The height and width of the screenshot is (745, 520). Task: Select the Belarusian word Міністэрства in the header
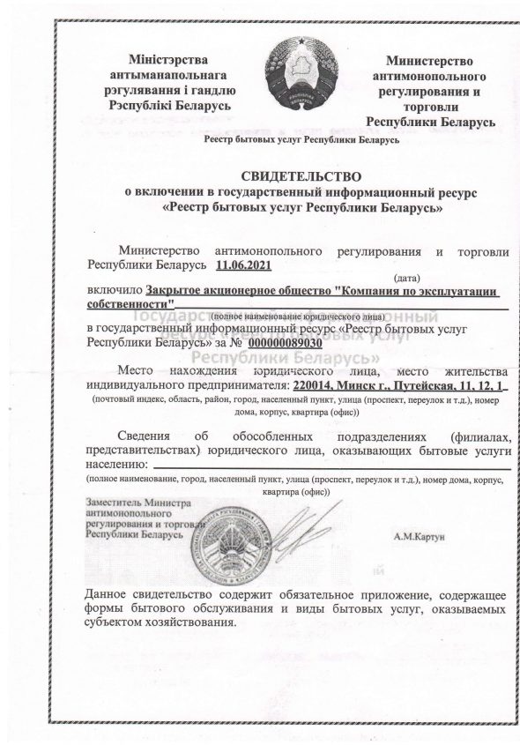168,59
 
